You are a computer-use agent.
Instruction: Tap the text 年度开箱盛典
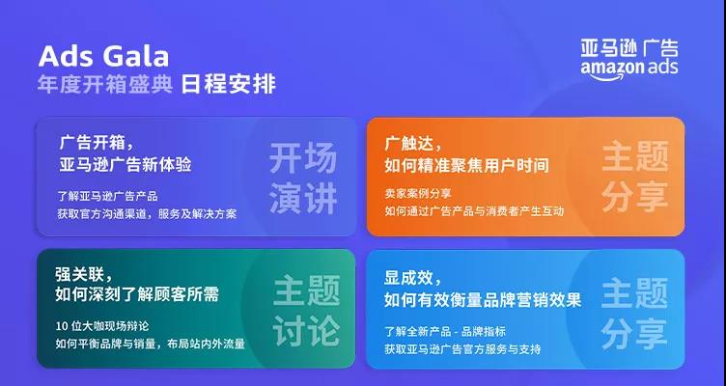pyautogui.click(x=105, y=85)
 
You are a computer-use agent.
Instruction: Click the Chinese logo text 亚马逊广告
pyautogui.click(x=629, y=48)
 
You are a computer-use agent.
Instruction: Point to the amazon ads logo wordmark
pyautogui.click(x=629, y=68)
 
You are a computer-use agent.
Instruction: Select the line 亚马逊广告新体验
pyautogui.click(x=125, y=164)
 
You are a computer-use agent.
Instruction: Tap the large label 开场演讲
pyautogui.click(x=302, y=178)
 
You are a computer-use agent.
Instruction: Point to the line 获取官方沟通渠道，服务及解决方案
pyautogui.click(x=147, y=213)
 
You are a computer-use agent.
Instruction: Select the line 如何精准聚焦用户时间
pyautogui.click(x=466, y=165)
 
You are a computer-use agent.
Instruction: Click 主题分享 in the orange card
pyautogui.click(x=634, y=176)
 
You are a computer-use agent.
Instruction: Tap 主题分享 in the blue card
pyautogui.click(x=634, y=311)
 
